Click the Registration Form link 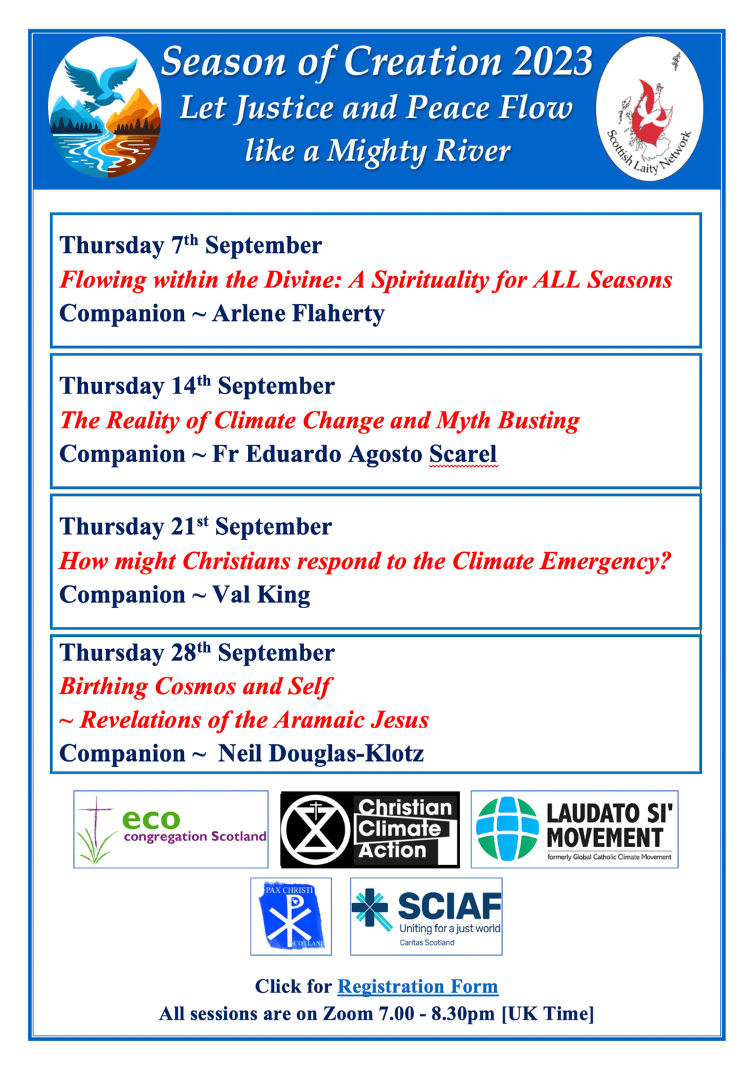point(417,986)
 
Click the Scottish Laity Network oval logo point(649,109)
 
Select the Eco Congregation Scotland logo point(171,830)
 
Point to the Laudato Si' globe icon point(507,828)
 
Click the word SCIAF point(449,906)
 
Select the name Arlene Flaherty point(298,314)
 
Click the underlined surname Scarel point(463,454)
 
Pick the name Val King point(261,595)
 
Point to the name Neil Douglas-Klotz point(321,754)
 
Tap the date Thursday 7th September point(191,245)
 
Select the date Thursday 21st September point(195,527)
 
